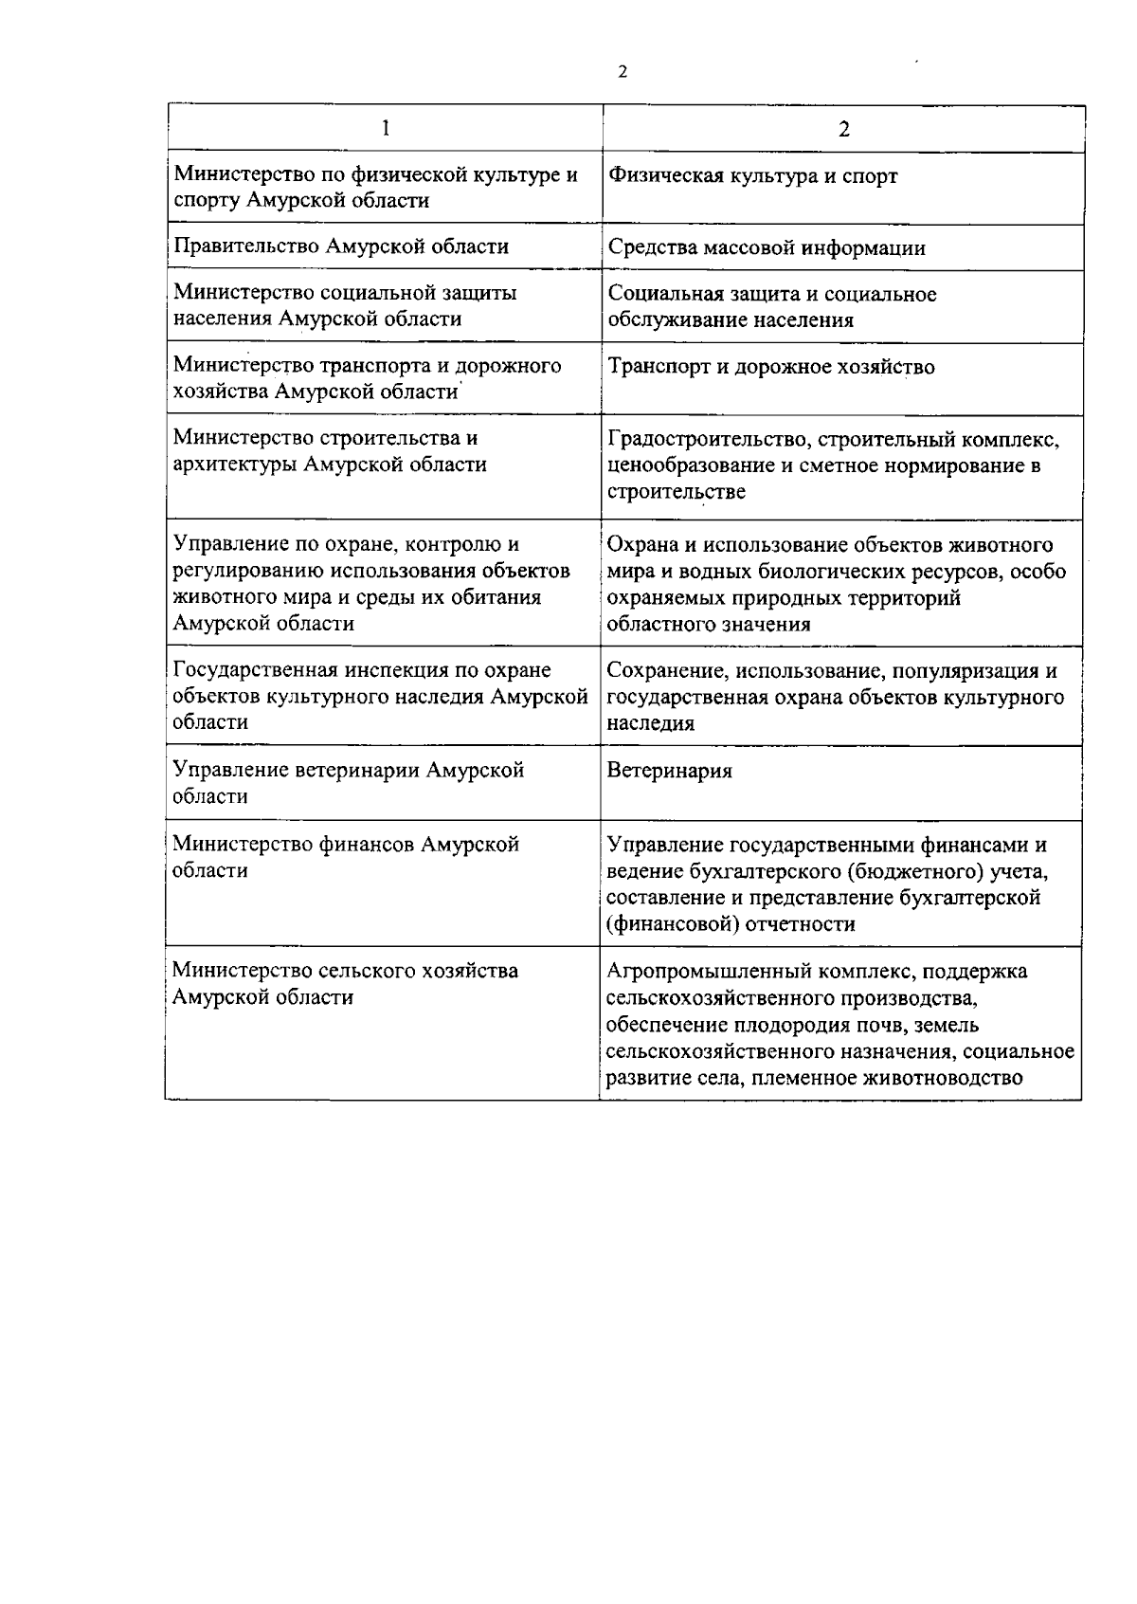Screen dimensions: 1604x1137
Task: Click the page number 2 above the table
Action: coord(623,72)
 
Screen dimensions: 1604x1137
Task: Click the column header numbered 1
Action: coord(386,128)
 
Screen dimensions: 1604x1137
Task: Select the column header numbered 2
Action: coord(843,129)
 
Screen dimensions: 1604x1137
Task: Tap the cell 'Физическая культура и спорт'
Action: coord(752,176)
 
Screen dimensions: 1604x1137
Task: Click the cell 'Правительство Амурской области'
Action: coord(341,247)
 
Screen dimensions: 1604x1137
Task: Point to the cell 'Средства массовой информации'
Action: coord(767,248)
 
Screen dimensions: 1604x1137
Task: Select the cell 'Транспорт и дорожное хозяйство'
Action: coord(771,367)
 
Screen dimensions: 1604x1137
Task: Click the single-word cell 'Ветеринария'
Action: coord(669,771)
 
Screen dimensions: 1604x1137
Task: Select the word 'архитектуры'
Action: coord(233,465)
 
